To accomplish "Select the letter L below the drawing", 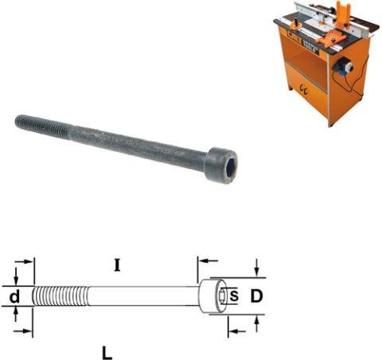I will (107, 350).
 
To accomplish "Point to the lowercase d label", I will (14, 297).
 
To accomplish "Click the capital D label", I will (256, 297).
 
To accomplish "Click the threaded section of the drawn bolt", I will (60, 296).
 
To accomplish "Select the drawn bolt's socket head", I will (213, 297).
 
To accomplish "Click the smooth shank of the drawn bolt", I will (143, 296).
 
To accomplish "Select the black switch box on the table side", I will (345, 67).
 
